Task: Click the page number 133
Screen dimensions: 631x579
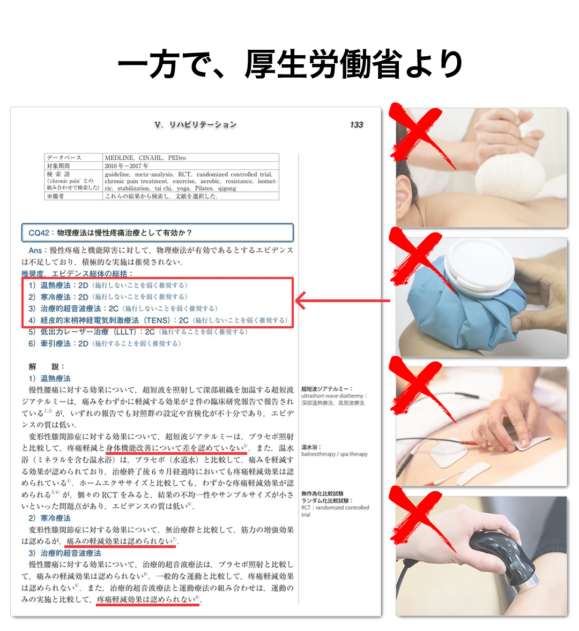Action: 357,125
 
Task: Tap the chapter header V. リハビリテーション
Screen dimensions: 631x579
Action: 195,125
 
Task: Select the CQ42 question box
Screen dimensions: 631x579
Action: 158,233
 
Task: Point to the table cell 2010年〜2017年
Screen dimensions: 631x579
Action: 127,166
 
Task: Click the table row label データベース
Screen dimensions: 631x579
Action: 64,158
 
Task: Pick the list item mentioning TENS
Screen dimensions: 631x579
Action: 159,320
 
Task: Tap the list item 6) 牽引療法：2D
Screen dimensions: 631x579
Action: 105,343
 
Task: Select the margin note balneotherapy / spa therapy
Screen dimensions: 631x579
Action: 335,454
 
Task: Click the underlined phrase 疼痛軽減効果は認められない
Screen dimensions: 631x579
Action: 148,600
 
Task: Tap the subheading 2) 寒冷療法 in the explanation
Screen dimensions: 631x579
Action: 49,518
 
